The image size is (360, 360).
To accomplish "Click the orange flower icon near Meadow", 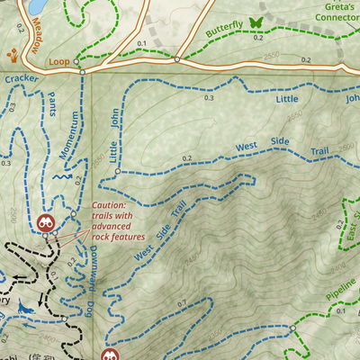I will pyautogui.click(x=13, y=56).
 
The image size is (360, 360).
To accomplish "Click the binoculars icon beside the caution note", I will pyautogui.click(x=45, y=222).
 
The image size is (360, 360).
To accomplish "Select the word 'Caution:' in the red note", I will pyautogui.click(x=110, y=205).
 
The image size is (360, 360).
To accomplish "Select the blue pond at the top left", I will pyautogui.click(x=37, y=7).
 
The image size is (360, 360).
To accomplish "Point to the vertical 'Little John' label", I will pyautogui.click(x=114, y=139).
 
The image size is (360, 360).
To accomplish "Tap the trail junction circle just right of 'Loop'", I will pyautogui.click(x=80, y=71).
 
